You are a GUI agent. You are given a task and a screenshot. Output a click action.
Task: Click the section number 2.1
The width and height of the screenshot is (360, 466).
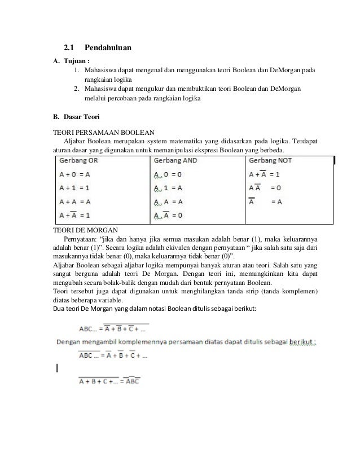pos(68,49)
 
